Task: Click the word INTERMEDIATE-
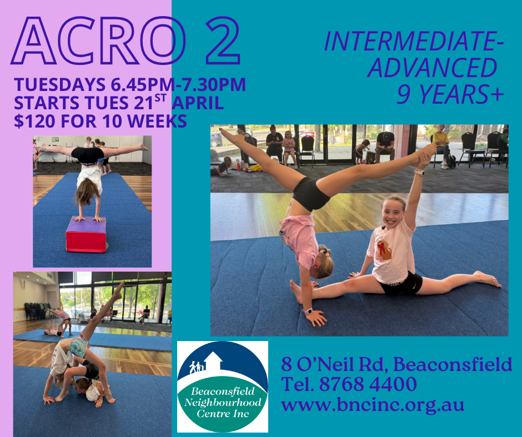pyautogui.click(x=414, y=43)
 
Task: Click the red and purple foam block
pyautogui.click(x=86, y=235)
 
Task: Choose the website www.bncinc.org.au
pyautogui.click(x=373, y=404)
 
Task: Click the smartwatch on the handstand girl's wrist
pyautogui.click(x=308, y=311)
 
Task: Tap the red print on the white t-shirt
pyautogui.click(x=383, y=249)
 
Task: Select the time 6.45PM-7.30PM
pyautogui.click(x=175, y=85)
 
